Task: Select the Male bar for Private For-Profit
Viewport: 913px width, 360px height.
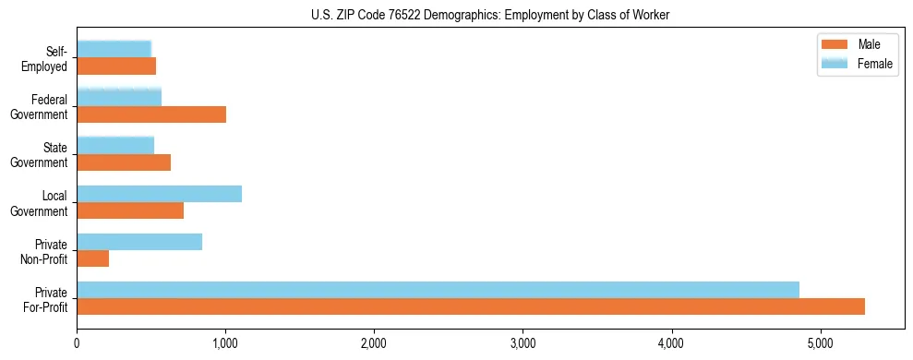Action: [471, 306]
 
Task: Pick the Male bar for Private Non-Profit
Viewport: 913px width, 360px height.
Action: [93, 258]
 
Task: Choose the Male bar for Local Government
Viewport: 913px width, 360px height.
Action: [130, 210]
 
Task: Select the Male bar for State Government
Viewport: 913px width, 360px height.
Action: [124, 162]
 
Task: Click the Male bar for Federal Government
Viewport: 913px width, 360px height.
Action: [151, 114]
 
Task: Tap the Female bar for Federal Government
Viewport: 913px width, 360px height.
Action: [119, 97]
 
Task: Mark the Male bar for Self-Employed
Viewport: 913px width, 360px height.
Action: [116, 66]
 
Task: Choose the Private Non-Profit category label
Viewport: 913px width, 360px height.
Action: [46, 251]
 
